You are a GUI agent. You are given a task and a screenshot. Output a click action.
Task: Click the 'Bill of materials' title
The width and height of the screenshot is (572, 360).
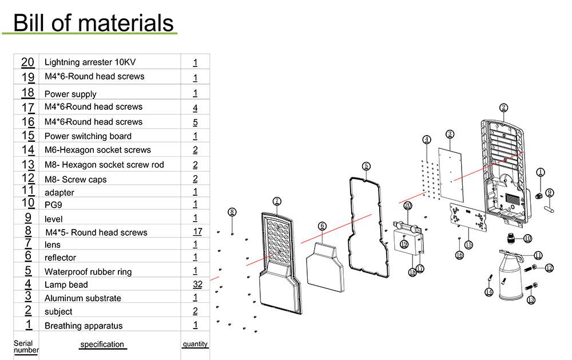[x=93, y=22]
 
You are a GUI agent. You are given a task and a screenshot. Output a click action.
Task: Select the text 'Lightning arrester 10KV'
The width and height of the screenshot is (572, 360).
[x=90, y=62]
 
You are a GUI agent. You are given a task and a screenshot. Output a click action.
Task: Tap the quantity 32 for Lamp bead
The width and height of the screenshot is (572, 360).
[x=195, y=284]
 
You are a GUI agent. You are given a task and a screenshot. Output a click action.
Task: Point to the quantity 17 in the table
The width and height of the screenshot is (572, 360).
[x=197, y=232]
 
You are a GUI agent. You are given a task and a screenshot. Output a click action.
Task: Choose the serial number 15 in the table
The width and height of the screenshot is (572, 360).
[x=28, y=136]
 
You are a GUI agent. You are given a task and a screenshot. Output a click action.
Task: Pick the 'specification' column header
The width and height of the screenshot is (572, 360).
[x=102, y=344]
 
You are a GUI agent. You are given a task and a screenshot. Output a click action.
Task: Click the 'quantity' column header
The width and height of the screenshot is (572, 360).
[x=195, y=344]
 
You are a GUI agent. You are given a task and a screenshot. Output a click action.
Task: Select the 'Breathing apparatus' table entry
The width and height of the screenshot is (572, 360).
[x=84, y=326]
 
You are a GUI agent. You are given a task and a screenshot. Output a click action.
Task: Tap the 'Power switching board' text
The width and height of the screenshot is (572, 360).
[x=88, y=136]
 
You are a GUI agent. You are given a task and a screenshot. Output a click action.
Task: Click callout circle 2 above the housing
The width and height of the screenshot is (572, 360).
[x=503, y=107]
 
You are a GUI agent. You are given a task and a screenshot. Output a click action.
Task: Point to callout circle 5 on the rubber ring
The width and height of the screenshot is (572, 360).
[x=366, y=166]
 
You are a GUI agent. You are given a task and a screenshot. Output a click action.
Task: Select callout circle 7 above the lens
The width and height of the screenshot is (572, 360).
[x=277, y=201]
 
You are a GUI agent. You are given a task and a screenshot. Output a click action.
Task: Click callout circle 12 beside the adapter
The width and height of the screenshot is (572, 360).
[x=549, y=267]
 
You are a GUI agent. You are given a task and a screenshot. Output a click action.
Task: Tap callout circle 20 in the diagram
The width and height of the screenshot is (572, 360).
[x=408, y=205]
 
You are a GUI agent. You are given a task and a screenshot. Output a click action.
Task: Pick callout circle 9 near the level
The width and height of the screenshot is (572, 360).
[x=549, y=192]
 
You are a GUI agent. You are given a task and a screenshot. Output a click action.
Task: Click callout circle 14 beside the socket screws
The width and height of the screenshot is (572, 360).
[x=488, y=292]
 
